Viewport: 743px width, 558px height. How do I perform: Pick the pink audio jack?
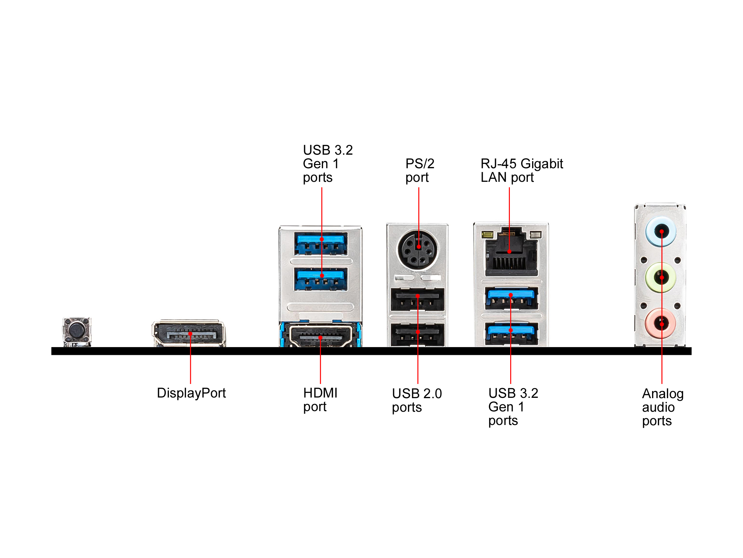(x=661, y=324)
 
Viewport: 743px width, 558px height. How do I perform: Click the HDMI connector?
(x=321, y=336)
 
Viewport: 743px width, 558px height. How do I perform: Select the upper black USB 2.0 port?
(x=418, y=299)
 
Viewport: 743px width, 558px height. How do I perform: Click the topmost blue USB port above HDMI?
(x=321, y=243)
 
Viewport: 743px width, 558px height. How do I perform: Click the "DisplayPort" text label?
(x=191, y=393)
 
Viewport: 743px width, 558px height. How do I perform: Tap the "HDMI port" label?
(x=320, y=400)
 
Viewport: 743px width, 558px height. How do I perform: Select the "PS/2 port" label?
(x=420, y=170)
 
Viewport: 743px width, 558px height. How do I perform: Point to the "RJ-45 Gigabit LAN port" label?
(x=521, y=170)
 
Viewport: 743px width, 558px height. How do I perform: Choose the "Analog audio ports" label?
(x=662, y=407)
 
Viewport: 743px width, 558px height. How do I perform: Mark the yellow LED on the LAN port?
(x=487, y=234)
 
